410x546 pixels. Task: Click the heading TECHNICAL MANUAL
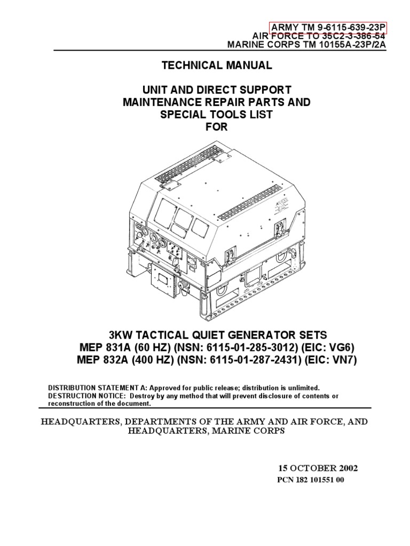tap(217, 65)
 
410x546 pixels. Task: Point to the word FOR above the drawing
tap(217, 127)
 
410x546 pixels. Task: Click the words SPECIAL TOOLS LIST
tap(216, 114)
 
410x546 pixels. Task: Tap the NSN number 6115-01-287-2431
tap(255, 359)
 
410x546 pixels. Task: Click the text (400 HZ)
tap(152, 359)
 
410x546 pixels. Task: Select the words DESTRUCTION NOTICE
tap(86, 396)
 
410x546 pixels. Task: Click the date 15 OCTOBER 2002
tap(318, 468)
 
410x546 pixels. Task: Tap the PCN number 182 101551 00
tap(311, 480)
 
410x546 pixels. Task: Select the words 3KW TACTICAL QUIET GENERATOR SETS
tap(218, 335)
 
